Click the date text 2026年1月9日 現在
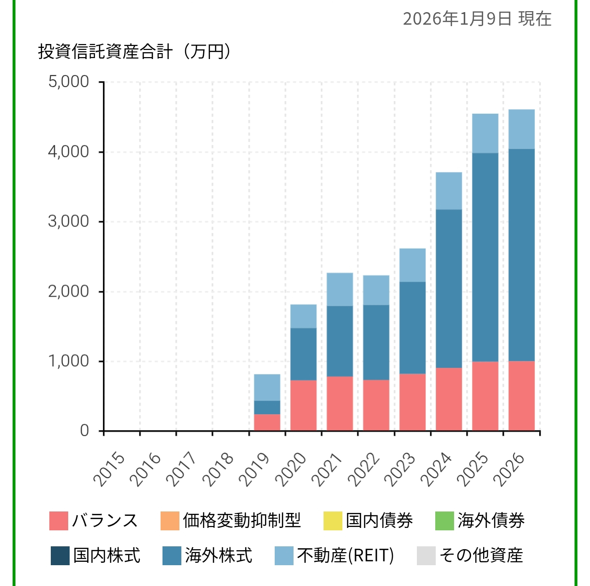click(477, 19)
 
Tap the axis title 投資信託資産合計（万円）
click(134, 51)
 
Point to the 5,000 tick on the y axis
click(69, 82)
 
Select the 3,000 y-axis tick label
click(69, 222)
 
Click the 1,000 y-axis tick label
click(69, 361)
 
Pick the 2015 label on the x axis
click(109, 468)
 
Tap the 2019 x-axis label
click(255, 468)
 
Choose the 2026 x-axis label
click(509, 468)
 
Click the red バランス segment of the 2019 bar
click(267, 422)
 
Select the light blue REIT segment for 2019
click(267, 387)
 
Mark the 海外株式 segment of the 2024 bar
click(449, 288)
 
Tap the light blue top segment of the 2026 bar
click(521, 129)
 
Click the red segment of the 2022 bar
click(376, 405)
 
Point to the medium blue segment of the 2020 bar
click(303, 354)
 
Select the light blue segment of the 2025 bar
click(485, 134)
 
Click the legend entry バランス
click(94, 521)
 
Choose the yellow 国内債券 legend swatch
click(333, 521)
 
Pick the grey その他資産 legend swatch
click(426, 556)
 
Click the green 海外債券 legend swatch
click(444, 521)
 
